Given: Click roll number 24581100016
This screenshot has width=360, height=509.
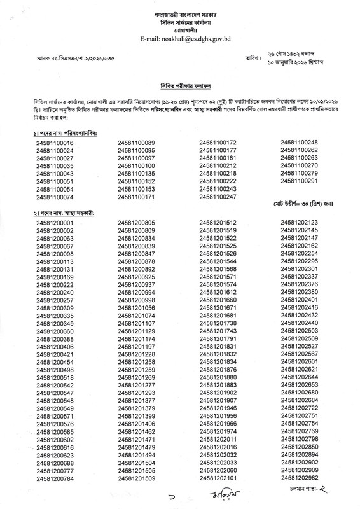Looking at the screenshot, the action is (x=56, y=125).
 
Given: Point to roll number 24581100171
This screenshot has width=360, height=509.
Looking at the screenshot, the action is (x=137, y=198).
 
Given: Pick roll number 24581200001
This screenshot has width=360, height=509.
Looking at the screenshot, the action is (x=56, y=223).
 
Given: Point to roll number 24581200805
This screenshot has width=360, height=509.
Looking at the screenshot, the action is (x=137, y=223).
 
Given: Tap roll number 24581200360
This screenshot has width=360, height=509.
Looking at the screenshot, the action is (x=56, y=331).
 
